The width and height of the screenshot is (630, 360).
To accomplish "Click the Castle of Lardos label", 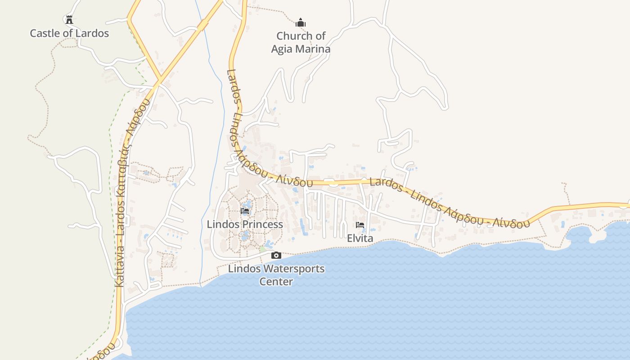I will coord(69,33).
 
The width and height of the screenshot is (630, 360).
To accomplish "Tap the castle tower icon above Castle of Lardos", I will coord(69,19).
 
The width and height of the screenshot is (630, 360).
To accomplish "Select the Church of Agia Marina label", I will coord(301,42).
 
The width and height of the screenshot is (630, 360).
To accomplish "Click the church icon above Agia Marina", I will coord(301,22).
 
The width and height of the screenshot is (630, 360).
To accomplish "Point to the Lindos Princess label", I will coord(245,224).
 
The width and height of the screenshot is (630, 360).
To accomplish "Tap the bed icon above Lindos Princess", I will coord(245,211).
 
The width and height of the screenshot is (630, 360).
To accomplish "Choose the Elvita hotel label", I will coord(360,238).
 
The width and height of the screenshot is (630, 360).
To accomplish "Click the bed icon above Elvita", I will coord(360,225).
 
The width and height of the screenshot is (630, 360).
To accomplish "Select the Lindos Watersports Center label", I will coord(276,275).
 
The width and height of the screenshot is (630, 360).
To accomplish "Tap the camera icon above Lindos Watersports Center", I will coord(276,256).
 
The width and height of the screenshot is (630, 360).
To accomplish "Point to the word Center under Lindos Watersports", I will coord(276,282).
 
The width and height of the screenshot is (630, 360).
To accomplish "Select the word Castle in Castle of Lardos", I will coord(44,33).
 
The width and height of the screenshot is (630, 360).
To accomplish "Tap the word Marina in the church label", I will coord(314,49).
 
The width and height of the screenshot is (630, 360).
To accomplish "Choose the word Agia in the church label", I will coord(283,49).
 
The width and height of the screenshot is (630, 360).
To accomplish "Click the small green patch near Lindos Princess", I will coord(262,248).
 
